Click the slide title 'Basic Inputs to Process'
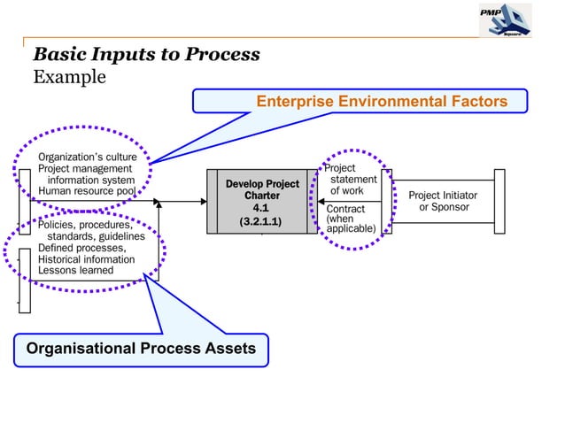click(146, 54)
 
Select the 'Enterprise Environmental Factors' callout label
click(382, 102)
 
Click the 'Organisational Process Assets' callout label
click(141, 348)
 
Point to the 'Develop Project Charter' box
click(261, 189)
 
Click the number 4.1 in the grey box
click(261, 208)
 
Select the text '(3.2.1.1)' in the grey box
click(261, 221)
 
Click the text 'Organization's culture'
click(87, 157)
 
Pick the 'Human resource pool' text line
click(87, 190)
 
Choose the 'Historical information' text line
click(87, 259)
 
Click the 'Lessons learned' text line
click(76, 271)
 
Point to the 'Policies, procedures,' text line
click(85, 226)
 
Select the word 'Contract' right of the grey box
click(345, 209)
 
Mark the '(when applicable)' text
click(351, 223)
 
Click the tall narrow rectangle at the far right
click(500, 201)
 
